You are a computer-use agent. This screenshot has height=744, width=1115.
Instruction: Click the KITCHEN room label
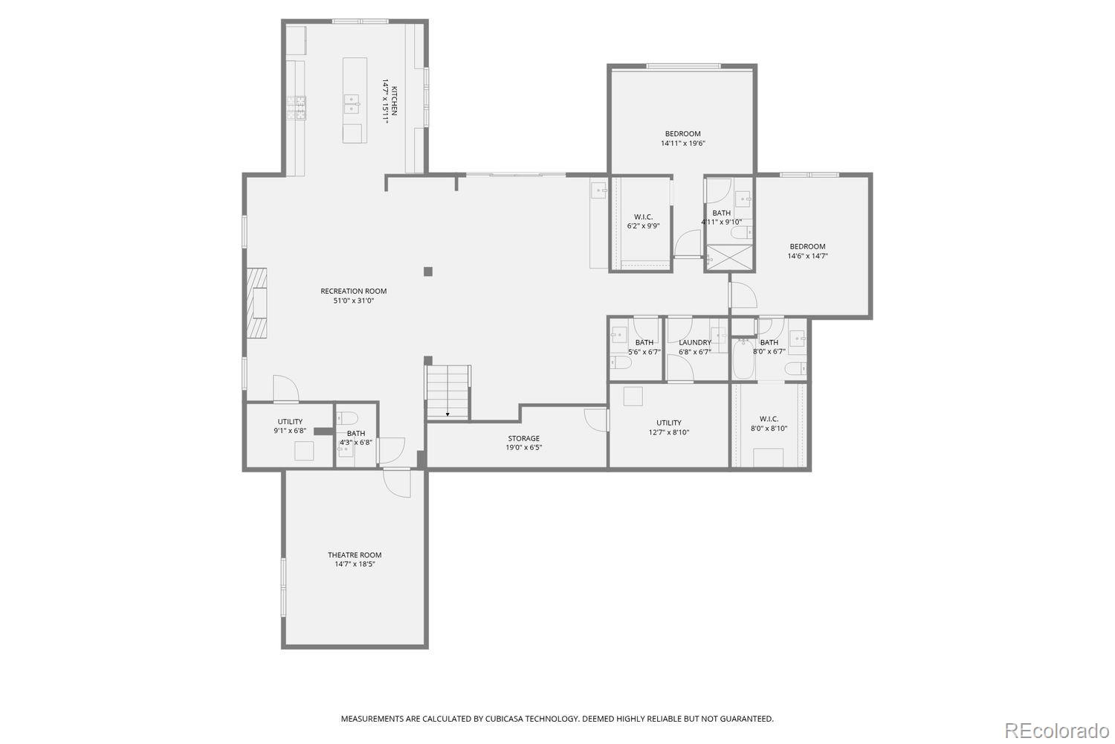395,100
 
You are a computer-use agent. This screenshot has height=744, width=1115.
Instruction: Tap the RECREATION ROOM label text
354,291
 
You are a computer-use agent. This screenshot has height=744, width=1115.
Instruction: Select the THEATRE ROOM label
355,555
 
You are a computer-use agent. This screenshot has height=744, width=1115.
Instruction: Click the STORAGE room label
523,438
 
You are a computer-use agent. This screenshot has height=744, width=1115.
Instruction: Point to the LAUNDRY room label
695,343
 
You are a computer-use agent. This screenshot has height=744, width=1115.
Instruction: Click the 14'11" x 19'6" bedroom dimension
682,143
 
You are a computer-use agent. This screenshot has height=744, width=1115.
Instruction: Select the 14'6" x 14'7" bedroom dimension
807,256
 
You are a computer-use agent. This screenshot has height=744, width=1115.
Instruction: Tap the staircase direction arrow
447,414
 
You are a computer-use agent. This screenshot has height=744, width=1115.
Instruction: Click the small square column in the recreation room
427,272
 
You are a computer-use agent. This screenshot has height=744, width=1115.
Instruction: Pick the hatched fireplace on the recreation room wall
258,303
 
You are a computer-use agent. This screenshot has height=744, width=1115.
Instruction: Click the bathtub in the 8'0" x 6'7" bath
743,359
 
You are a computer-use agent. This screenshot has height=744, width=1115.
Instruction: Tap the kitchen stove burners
300,108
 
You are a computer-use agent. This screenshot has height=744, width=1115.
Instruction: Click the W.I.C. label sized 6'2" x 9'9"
643,221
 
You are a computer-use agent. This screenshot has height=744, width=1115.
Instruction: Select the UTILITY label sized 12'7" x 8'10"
668,427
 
